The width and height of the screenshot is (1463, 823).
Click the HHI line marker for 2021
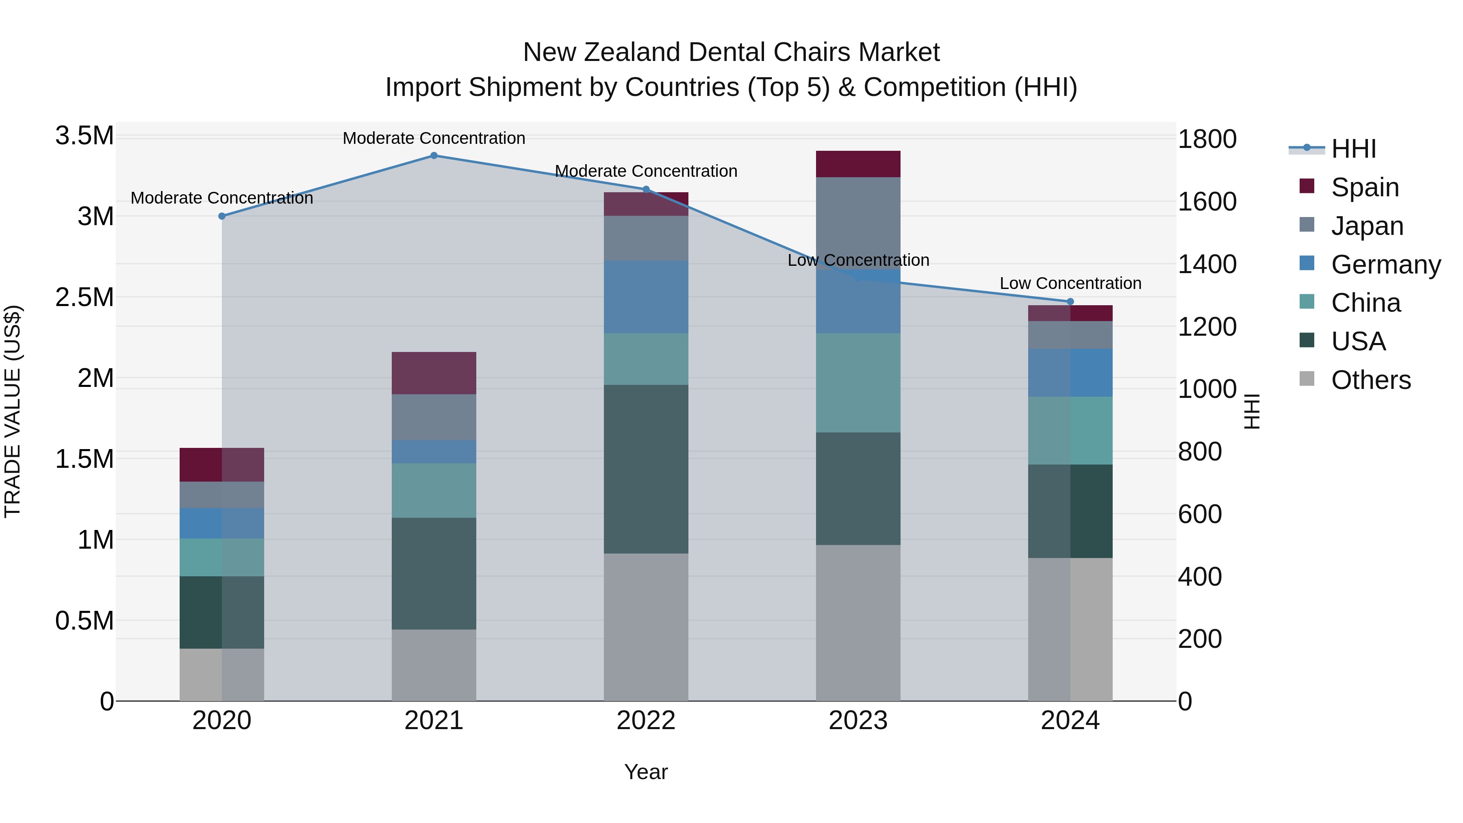(434, 155)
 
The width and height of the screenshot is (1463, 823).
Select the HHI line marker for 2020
(222, 216)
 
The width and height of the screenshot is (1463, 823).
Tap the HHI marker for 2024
(1070, 302)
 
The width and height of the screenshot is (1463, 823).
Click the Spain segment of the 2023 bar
(858, 164)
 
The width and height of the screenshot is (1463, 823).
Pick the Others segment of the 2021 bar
(434, 664)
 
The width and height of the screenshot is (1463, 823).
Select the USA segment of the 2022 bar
(646, 469)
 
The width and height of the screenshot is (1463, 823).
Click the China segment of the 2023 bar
(858, 383)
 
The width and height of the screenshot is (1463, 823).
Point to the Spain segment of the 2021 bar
(434, 373)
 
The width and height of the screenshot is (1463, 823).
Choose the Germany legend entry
(1385, 265)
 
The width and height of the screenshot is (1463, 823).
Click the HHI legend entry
(1353, 149)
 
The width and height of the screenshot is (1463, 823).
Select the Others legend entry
(1370, 380)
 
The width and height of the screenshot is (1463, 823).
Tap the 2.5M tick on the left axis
(85, 297)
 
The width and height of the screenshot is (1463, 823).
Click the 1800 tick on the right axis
(1207, 139)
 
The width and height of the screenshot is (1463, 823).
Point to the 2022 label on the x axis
(646, 721)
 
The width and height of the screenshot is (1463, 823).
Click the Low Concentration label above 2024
(1070, 283)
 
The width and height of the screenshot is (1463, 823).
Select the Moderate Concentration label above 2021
(434, 138)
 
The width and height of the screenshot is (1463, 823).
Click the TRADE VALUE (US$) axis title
(13, 411)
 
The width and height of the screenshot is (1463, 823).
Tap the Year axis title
(646, 772)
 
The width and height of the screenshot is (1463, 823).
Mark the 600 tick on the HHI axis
(1200, 514)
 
